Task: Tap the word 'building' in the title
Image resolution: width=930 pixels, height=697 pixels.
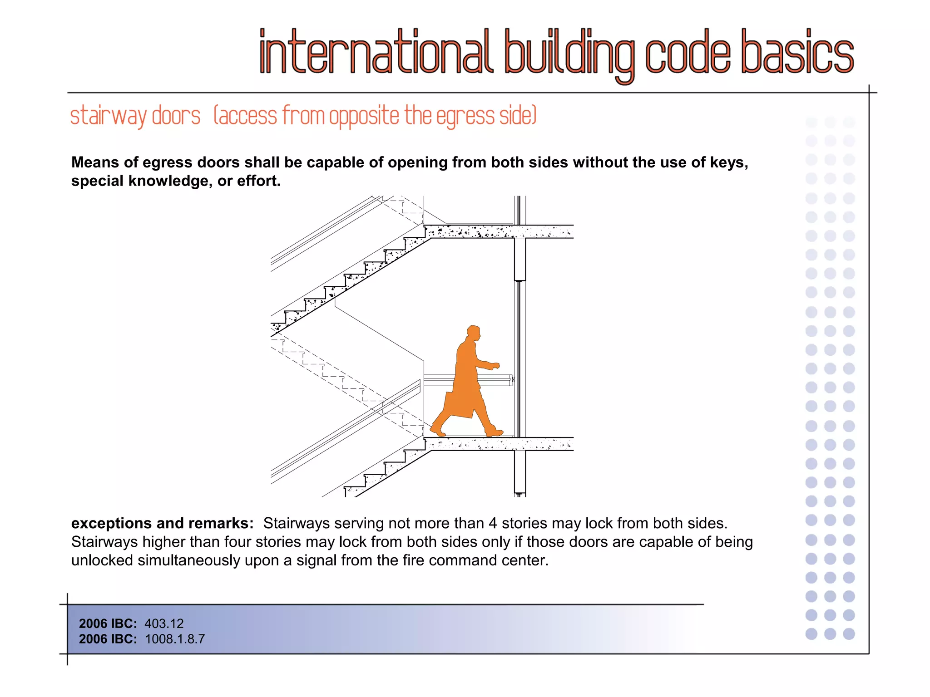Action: pos(569,54)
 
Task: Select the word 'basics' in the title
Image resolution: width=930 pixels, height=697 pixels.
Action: pos(797,52)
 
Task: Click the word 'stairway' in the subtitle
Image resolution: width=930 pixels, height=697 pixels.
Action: pos(108,116)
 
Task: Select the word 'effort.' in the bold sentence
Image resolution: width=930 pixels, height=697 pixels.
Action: pos(259,181)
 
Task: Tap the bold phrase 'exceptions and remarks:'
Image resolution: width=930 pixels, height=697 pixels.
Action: pos(162,523)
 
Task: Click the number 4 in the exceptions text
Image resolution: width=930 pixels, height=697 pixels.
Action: pos(493,523)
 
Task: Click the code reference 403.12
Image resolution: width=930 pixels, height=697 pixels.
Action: pos(164,623)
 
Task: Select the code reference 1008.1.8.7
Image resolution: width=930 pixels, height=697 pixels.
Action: pos(175,639)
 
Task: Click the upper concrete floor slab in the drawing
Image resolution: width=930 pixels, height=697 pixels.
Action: pos(500,231)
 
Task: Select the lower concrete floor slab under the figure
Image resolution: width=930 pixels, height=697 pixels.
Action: pos(500,444)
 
